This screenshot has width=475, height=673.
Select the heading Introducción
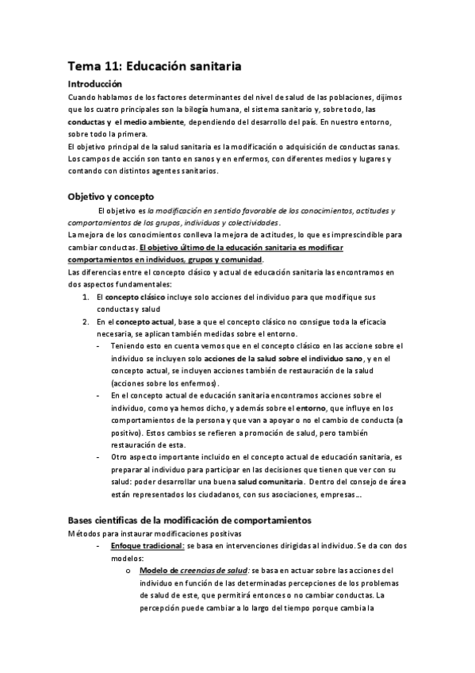pos(94,83)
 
